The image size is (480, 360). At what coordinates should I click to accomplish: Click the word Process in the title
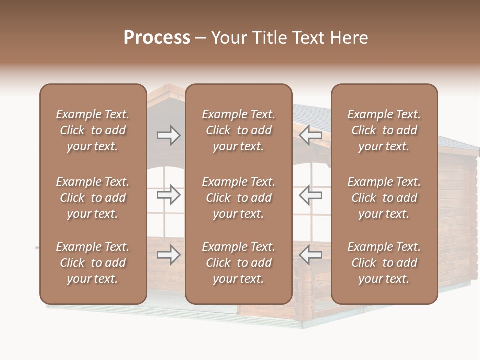157,38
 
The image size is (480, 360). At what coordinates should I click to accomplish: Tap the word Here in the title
348,38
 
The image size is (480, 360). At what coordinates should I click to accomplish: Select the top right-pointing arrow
169,135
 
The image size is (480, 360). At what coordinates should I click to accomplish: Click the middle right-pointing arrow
169,195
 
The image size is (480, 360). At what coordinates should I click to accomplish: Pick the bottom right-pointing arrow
169,255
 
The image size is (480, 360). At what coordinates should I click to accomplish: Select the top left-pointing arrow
310,135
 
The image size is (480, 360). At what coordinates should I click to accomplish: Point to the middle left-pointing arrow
310,195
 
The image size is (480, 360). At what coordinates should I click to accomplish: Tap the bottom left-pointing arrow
310,255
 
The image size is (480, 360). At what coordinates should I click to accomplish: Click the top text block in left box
93,130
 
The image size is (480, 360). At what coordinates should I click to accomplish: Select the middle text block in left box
93,198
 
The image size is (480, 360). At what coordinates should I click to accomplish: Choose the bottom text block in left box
93,263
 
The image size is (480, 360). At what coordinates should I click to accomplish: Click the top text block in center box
239,130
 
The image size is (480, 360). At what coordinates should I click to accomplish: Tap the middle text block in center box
239,198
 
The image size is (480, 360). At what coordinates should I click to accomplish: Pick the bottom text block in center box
239,263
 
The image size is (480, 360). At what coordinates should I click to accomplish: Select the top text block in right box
384,130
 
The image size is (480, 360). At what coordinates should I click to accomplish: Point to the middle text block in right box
384,198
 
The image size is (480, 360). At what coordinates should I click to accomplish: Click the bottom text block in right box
384,263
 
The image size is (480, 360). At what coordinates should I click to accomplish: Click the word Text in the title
308,38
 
